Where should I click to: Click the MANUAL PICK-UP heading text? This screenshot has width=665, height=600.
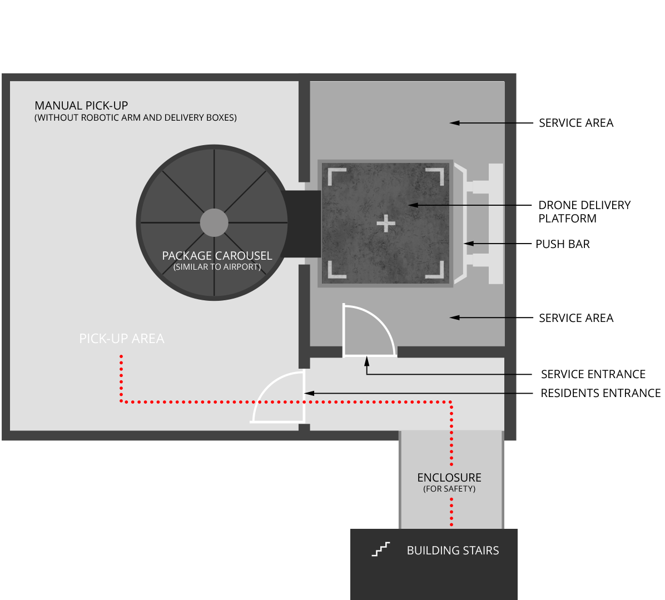point(81,105)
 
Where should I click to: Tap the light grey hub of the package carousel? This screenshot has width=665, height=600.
point(214,222)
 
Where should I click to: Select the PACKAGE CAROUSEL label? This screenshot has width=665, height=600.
point(217,256)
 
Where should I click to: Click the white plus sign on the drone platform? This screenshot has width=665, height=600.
point(386,224)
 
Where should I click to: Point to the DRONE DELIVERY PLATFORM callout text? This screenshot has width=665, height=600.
point(584,212)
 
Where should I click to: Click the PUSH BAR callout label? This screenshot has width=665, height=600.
point(562,244)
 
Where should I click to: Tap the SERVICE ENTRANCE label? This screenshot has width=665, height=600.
point(593,374)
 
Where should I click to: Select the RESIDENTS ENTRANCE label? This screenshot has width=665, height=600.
point(601,393)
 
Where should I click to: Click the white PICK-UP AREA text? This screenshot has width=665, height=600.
point(122,339)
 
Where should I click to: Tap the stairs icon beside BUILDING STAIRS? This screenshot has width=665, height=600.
point(380,549)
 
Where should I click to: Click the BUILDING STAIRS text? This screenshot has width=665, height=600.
point(453,551)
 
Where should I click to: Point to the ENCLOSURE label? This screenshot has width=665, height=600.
point(449,478)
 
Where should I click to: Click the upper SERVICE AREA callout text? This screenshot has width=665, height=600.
point(576,123)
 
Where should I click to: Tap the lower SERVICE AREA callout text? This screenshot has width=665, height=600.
point(576,318)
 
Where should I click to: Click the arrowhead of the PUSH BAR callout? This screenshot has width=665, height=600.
point(468,244)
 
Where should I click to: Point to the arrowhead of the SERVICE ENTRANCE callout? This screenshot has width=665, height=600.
point(367,361)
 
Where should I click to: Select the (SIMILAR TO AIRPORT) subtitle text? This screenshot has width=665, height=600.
point(217,267)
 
